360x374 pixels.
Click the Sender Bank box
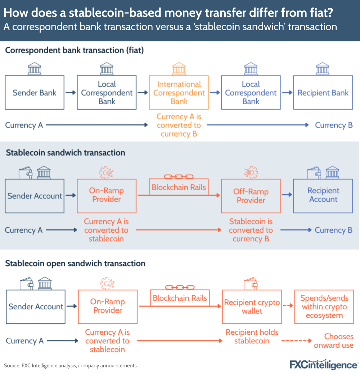(x=35, y=93)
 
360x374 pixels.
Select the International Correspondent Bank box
(x=179, y=93)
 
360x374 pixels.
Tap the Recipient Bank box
(x=323, y=93)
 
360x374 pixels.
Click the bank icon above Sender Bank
(x=35, y=68)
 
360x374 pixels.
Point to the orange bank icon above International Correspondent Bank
(x=179, y=68)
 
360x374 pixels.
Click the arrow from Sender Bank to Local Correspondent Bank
(x=71, y=93)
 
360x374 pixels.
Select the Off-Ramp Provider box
(x=251, y=196)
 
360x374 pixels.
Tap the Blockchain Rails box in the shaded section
(x=179, y=187)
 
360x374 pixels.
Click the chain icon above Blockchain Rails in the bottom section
(x=180, y=287)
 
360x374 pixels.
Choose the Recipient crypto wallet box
(x=252, y=307)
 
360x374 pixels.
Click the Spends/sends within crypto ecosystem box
(x=324, y=307)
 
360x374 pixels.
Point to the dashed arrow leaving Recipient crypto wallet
(x=287, y=306)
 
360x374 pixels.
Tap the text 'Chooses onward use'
(x=334, y=341)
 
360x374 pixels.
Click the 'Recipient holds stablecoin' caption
(x=252, y=337)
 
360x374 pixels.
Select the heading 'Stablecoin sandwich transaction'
(x=66, y=152)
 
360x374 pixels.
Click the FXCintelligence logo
(x=324, y=364)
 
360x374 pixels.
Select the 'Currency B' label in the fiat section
(x=334, y=125)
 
